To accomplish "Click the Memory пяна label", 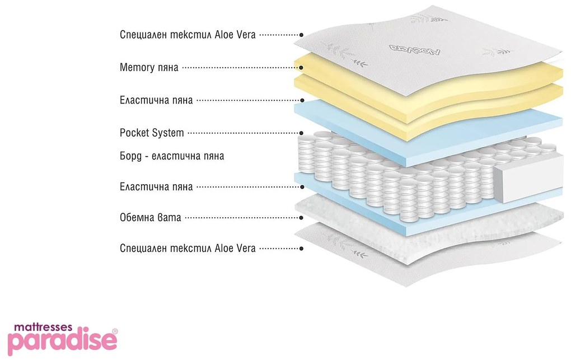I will [149, 68].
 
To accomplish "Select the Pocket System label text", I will [152, 133].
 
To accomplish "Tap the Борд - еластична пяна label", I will [172, 156].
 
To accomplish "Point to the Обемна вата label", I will [151, 217].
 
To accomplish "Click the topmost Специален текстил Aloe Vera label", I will [188, 35].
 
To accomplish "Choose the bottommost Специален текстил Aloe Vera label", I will [188, 248].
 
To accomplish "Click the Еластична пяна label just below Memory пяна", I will [156, 101].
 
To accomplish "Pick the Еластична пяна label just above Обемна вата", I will [156, 186].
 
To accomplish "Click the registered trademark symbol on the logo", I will [115, 331].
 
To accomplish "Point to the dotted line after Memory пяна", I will [240, 68].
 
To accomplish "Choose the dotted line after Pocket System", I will [243, 133].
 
